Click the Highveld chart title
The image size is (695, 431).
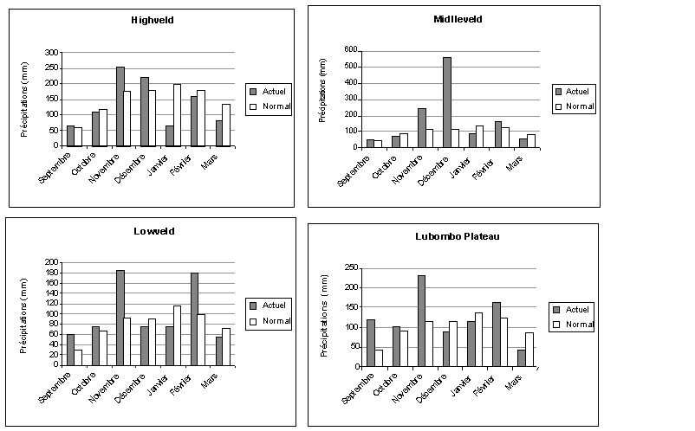coord(152,20)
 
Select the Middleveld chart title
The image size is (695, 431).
coord(458,19)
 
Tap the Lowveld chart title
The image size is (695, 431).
coord(153,231)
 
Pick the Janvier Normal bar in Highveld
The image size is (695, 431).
coord(177,115)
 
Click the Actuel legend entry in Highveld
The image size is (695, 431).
coord(269,90)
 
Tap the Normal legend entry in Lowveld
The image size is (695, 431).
coord(270,321)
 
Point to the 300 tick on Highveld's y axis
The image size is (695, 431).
coord(52,53)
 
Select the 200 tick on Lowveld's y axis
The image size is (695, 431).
coord(52,262)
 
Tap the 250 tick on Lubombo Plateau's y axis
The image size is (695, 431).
coord(351,267)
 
